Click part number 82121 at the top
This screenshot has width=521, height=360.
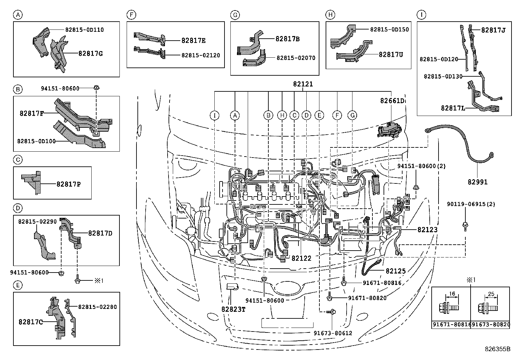(x=303, y=84)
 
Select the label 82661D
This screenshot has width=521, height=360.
(x=392, y=101)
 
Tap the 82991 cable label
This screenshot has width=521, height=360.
(x=477, y=182)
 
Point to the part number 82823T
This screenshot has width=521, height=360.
(x=233, y=309)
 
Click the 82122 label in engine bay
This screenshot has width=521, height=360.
(x=301, y=258)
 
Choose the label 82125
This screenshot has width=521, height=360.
(x=396, y=271)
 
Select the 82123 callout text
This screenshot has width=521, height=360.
(x=427, y=230)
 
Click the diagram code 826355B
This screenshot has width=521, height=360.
(x=498, y=349)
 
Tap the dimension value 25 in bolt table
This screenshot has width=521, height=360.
(x=491, y=294)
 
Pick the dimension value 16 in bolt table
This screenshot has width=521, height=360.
(x=452, y=294)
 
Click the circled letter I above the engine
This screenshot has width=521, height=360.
(x=214, y=115)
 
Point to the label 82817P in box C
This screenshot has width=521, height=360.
(x=68, y=184)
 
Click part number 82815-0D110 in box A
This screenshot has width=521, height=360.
(x=84, y=30)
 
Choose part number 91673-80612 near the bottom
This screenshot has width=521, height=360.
(x=333, y=333)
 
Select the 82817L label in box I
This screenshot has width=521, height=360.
(x=453, y=108)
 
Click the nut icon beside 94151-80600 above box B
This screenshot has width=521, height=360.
(x=96, y=88)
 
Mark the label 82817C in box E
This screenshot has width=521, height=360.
(x=31, y=322)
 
